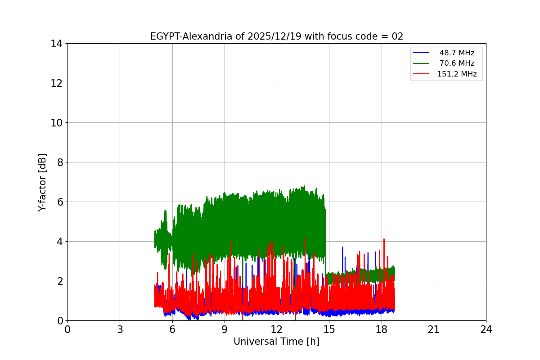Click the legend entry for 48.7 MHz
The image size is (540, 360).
457,53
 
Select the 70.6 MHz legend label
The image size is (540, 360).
457,63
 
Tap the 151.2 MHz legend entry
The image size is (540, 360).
457,74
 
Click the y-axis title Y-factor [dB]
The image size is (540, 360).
43,182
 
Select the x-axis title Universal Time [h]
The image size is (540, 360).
276,342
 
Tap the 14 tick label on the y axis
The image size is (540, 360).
56,44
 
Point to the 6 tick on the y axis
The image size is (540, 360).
59,202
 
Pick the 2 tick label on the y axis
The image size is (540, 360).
59,281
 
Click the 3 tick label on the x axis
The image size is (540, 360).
120,329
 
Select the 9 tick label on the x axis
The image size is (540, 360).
225,329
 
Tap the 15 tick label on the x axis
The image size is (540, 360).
329,329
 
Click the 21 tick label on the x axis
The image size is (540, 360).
434,329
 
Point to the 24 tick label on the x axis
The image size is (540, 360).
486,329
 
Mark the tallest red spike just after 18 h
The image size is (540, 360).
384,239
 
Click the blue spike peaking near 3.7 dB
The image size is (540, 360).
342,247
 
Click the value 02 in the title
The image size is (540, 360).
397,36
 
